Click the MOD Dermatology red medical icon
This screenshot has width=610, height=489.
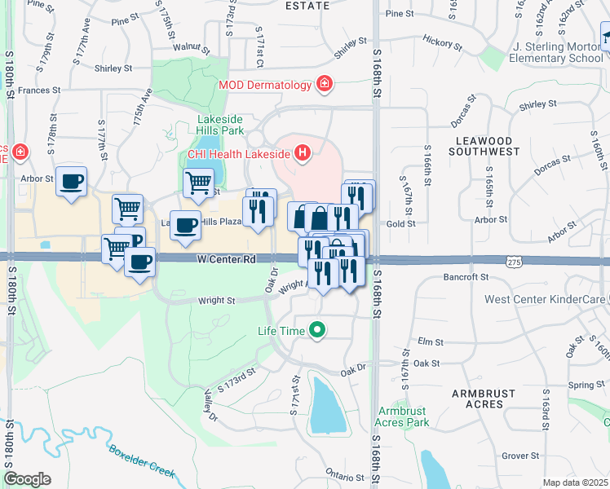click(x=325, y=84)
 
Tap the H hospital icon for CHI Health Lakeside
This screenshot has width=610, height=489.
click(x=303, y=152)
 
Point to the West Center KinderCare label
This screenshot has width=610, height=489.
click(x=545, y=300)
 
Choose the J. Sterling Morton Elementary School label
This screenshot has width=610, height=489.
click(x=558, y=53)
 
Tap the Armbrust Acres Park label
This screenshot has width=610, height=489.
click(x=402, y=416)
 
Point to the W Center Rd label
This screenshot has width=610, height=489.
click(x=227, y=259)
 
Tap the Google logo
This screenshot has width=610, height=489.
click(x=27, y=478)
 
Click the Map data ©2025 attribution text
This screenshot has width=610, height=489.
click(x=575, y=482)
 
